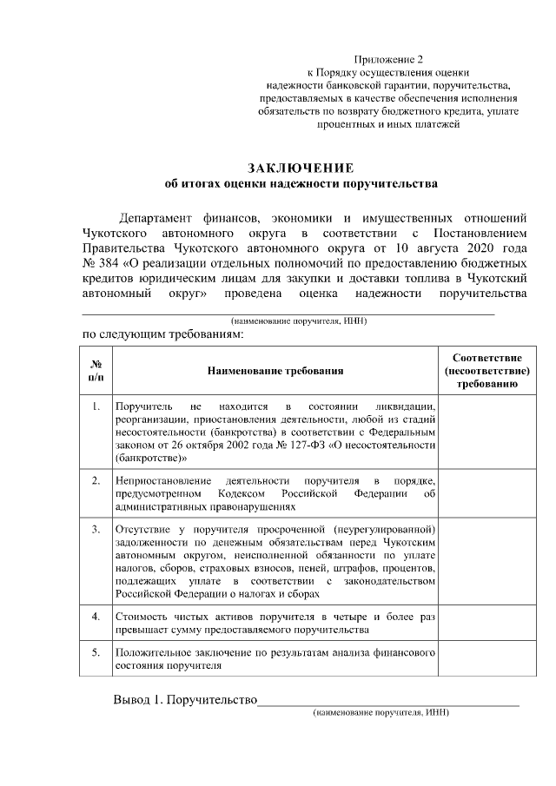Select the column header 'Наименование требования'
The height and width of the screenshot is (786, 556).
pyautogui.click(x=275, y=371)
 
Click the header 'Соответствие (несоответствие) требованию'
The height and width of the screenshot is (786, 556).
pyautogui.click(x=486, y=371)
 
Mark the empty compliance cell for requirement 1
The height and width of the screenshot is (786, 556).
pyautogui.click(x=486, y=431)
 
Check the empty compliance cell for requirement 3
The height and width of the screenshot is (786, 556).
pyautogui.click(x=486, y=561)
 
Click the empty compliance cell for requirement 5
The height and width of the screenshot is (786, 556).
pyautogui.click(x=486, y=657)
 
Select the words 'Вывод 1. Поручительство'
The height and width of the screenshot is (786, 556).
pyautogui.click(x=185, y=701)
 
